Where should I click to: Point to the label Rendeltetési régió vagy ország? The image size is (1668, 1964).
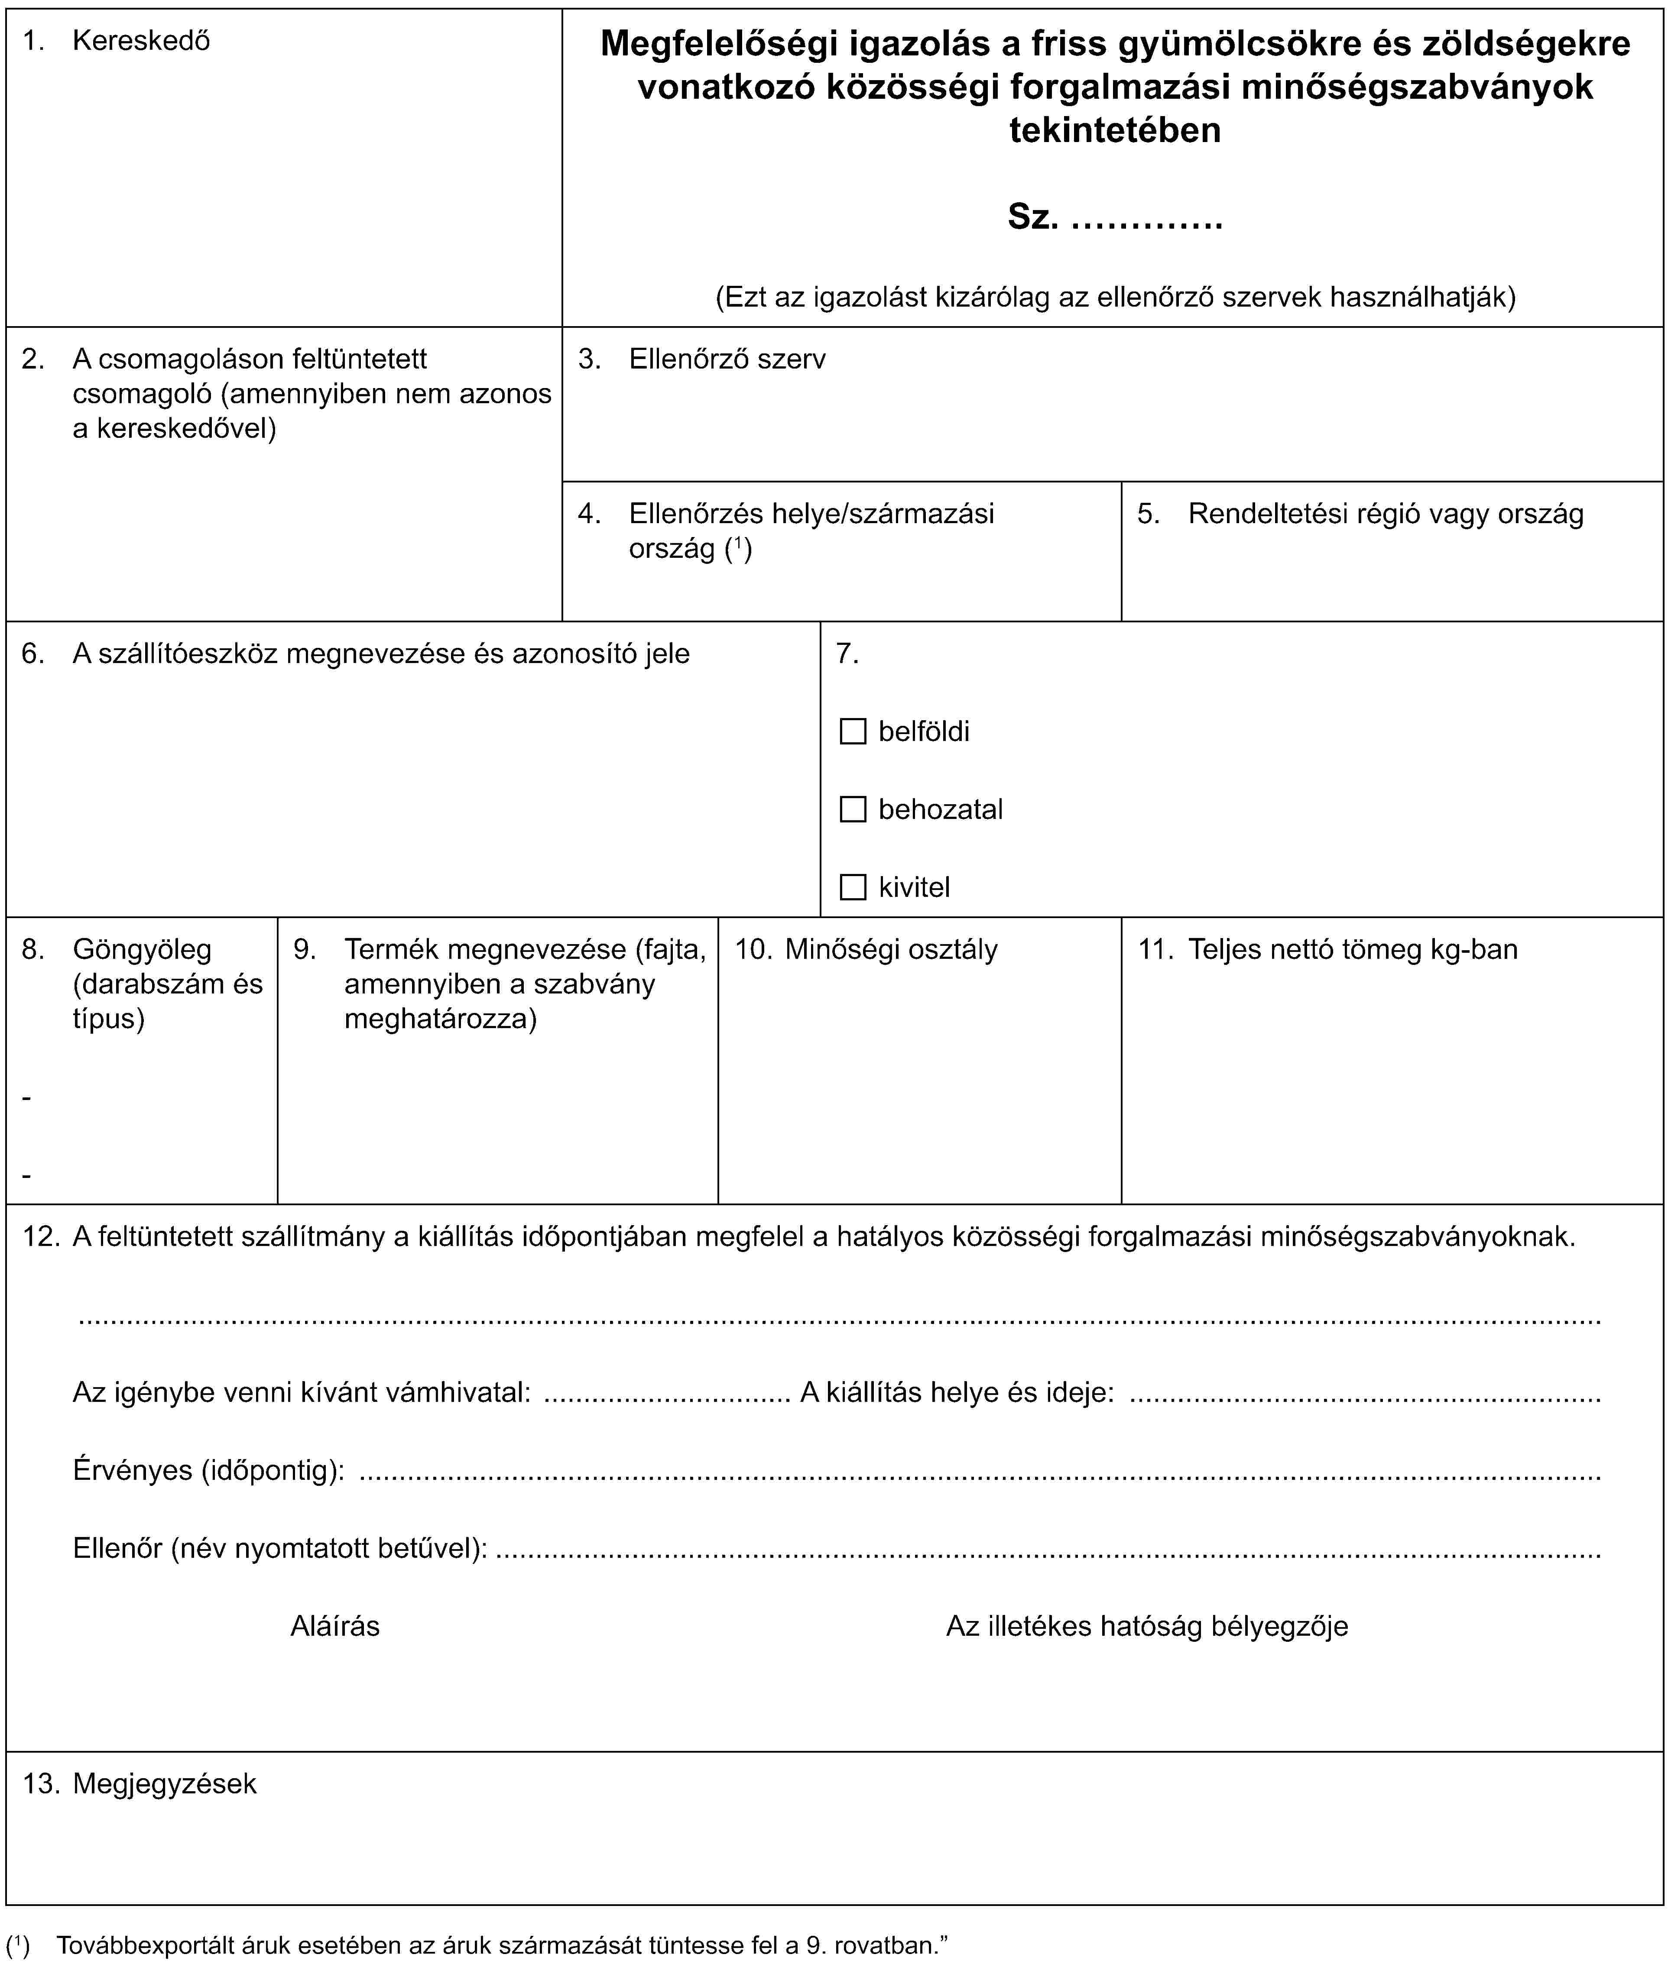pyautogui.click(x=1385, y=514)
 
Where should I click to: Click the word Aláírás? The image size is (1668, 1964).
pyautogui.click(x=335, y=1626)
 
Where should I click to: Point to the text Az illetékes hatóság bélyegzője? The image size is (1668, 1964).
pyautogui.click(x=1147, y=1626)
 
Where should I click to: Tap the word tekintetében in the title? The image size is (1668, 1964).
pyautogui.click(x=1115, y=129)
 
